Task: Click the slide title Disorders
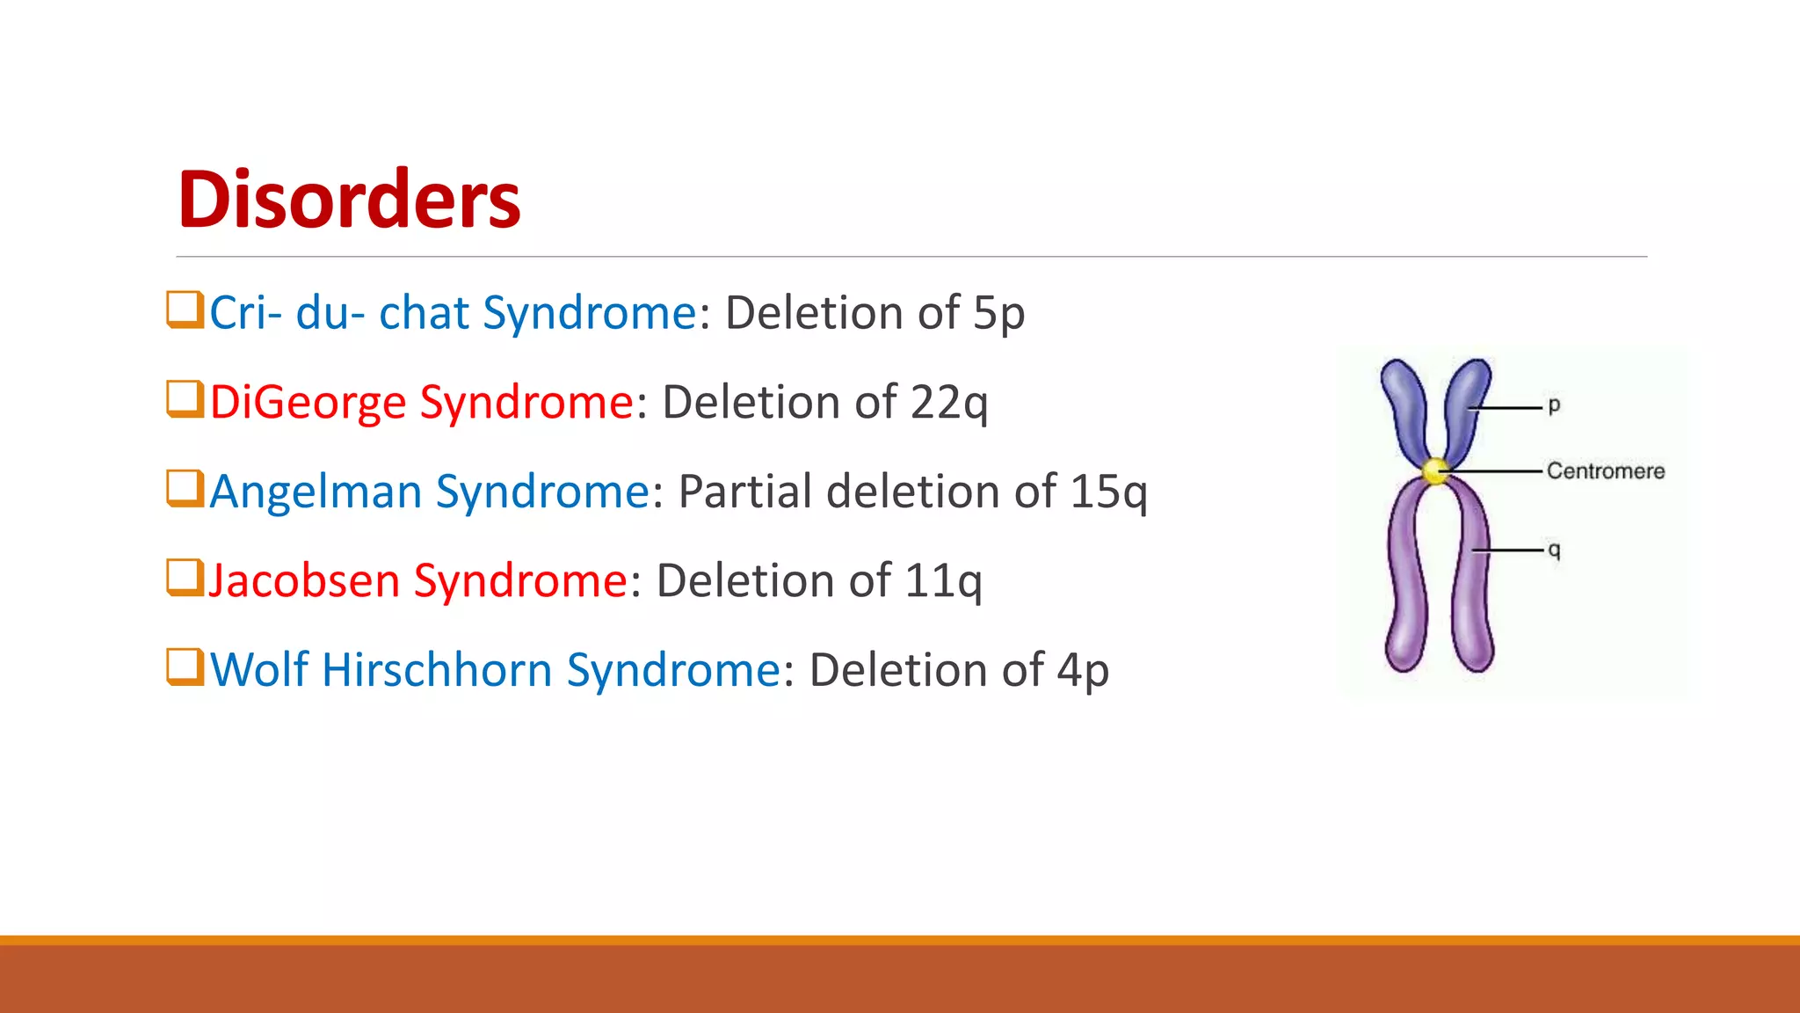click(349, 200)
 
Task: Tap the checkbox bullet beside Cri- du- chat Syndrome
click(185, 310)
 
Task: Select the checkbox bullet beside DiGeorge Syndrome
click(185, 399)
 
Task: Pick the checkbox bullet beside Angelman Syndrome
click(185, 489)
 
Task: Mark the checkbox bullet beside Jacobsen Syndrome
click(185, 578)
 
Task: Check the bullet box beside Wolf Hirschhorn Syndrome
click(185, 667)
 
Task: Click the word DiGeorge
click(308, 403)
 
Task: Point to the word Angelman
click(316, 492)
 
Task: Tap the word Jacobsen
click(304, 581)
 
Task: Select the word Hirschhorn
click(438, 670)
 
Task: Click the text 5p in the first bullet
click(998, 314)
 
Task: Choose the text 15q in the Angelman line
click(1108, 492)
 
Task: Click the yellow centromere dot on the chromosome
click(1435, 471)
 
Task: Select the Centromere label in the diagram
click(1605, 471)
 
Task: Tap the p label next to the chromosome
click(1554, 405)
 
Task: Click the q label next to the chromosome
click(1554, 550)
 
